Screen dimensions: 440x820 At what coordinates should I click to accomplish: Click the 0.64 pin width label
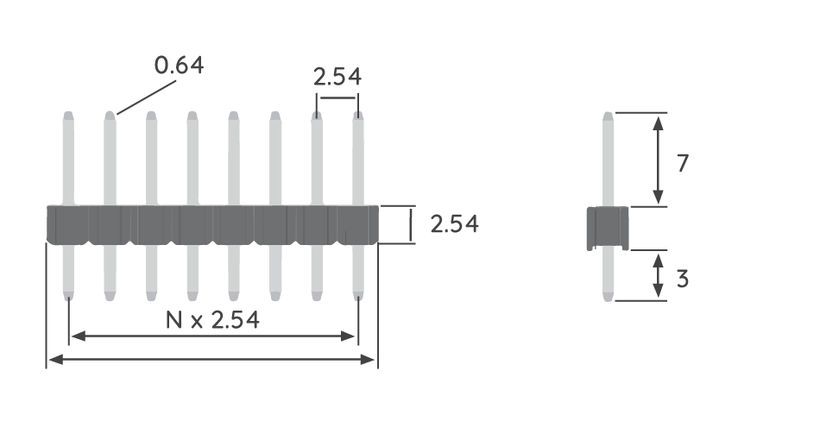pos(180,65)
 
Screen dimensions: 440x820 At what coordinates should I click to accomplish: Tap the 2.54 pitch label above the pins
pos(337,77)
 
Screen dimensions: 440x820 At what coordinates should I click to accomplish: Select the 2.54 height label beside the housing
pos(454,224)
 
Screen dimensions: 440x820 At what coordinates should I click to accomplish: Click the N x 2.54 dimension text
pos(212,320)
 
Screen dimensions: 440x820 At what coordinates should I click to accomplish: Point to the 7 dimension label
pos(683,162)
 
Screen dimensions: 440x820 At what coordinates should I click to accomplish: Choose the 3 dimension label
pos(683,280)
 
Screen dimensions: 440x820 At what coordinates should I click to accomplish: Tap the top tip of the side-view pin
pos(608,116)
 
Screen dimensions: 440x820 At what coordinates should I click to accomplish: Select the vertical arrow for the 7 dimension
pos(659,160)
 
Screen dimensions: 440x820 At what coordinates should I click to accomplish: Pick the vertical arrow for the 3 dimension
pos(659,275)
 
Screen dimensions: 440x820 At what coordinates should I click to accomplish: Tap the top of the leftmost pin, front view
pos(67,115)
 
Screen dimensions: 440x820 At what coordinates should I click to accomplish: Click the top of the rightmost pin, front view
pos(358,115)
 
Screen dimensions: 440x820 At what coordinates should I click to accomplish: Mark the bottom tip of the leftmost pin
pos(67,298)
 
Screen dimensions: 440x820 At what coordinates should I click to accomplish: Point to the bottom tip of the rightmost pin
pos(358,298)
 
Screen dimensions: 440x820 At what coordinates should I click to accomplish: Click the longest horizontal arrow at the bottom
pos(211,359)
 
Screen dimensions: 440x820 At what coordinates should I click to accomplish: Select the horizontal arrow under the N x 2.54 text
pos(212,336)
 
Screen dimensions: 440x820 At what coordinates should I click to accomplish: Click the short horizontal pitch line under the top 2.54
pos(337,97)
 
